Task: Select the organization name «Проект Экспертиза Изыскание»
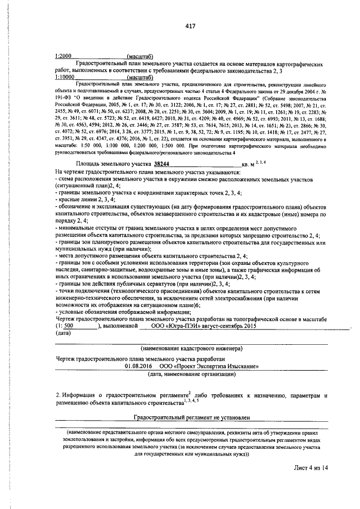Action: (x=208, y=366)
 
